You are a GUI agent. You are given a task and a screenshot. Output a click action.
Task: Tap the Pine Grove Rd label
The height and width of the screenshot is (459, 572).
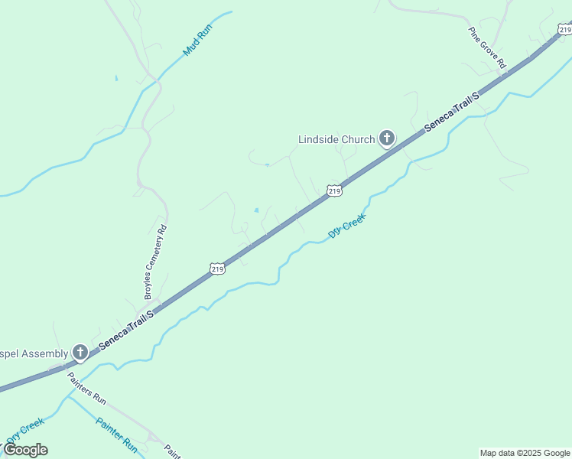[x=487, y=48]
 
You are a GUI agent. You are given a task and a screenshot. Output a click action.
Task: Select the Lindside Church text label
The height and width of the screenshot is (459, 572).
[x=336, y=139]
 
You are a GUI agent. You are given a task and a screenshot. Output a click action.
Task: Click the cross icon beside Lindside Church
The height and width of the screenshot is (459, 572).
[x=387, y=138]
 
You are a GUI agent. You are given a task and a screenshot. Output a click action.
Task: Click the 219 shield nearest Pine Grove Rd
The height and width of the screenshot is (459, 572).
[x=564, y=30]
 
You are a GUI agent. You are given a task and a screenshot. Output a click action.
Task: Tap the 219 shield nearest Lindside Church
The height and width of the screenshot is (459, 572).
[x=333, y=190]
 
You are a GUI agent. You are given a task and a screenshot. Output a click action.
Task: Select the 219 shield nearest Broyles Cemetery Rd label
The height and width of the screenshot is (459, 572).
[x=217, y=269]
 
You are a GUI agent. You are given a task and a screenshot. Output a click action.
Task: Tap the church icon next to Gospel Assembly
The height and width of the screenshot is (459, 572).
[x=80, y=353]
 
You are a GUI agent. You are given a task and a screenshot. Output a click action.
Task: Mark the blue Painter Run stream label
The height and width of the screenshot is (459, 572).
[x=116, y=434]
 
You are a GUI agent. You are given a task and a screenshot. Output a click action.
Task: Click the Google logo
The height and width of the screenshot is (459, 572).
[x=25, y=450]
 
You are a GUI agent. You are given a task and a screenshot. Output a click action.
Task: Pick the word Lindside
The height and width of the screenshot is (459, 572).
[x=317, y=139]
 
